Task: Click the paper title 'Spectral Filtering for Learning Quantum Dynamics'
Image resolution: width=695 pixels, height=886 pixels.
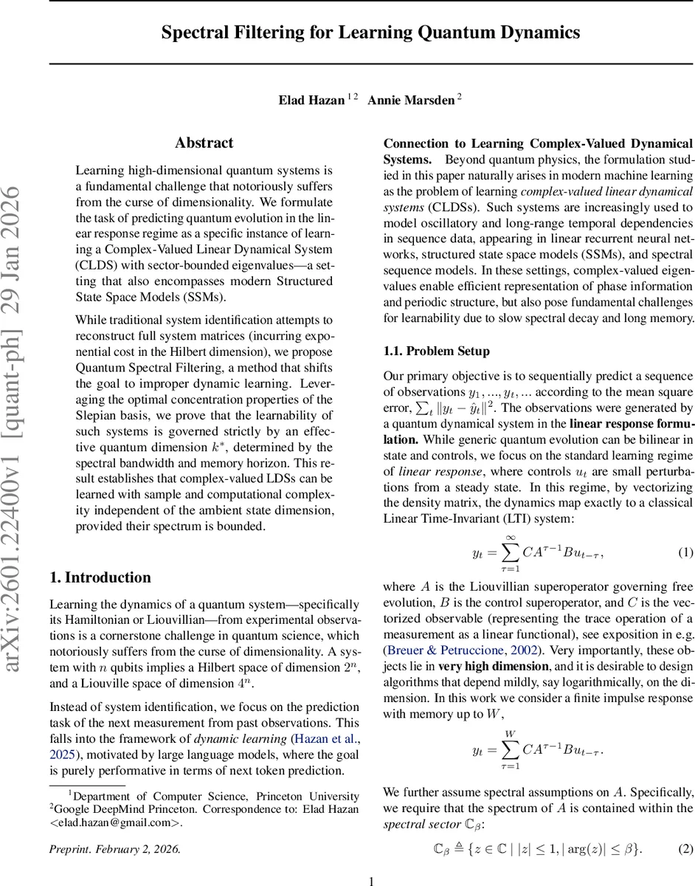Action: point(370,33)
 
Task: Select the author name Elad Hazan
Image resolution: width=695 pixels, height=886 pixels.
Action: point(311,100)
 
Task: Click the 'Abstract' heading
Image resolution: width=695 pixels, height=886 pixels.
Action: point(204,143)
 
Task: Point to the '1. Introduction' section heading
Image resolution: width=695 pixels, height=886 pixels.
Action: point(100,577)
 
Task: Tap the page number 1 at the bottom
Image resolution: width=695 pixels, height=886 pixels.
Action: point(371,880)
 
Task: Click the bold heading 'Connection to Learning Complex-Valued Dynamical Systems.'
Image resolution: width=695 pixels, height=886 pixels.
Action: point(537,151)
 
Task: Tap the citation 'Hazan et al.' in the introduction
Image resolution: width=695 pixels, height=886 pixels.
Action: point(325,739)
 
